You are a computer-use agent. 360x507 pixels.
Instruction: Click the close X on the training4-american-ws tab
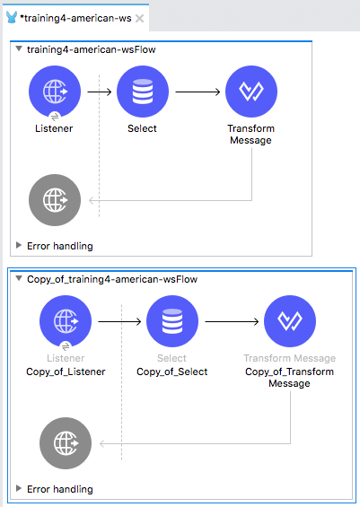pos(139,19)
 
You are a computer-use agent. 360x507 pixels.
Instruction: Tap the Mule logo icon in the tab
pos(12,17)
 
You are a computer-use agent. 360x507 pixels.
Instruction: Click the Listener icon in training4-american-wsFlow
pos(55,92)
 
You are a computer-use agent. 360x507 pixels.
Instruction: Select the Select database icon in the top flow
pos(143,92)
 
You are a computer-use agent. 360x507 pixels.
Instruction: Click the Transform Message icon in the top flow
pos(251,92)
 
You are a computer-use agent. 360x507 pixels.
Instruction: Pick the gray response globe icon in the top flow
pos(55,200)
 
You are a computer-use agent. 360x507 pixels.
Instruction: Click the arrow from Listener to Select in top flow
pos(100,92)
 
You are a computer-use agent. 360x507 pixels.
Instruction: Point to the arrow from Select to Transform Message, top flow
pos(198,92)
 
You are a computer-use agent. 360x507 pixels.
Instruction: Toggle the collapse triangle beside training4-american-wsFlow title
pos(19,48)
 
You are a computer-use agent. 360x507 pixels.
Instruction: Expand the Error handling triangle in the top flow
pos(19,245)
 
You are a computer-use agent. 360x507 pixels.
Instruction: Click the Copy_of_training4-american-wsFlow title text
pos(112,279)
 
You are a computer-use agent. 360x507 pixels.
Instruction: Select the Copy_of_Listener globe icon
pos(66,321)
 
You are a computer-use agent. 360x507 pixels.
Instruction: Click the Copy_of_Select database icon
pos(172,321)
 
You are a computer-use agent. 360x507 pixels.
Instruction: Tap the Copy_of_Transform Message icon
pos(290,321)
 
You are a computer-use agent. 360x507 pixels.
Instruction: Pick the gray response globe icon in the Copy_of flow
pos(66,443)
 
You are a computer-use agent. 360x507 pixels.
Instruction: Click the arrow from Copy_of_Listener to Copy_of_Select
pos(119,322)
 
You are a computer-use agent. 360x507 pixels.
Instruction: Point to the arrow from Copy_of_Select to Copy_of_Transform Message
pos(232,322)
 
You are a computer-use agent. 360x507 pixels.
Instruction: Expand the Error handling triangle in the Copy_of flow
pos(19,488)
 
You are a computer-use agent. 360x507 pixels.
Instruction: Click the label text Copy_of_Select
pos(172,372)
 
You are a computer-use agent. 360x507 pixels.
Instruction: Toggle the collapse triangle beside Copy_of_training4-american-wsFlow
pos(19,278)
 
